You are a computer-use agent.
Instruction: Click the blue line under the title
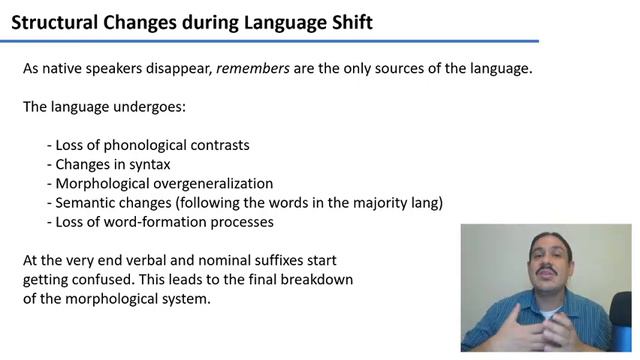(x=270, y=41)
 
